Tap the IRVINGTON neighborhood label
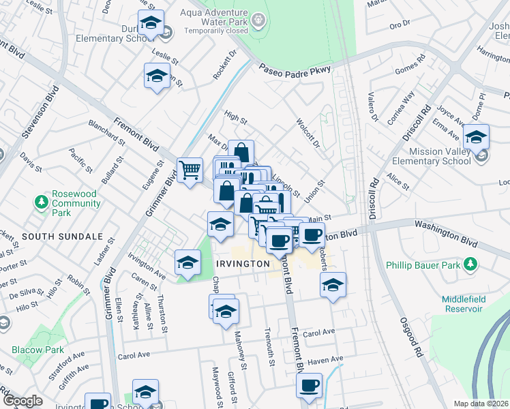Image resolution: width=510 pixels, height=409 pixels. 239,263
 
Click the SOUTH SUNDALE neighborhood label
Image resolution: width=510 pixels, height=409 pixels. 62,237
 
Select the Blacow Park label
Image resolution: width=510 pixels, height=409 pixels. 39,350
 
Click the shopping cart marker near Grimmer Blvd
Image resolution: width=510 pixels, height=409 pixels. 190,169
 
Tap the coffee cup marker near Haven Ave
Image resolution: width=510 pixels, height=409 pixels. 309,385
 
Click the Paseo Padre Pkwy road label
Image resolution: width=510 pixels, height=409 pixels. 295,70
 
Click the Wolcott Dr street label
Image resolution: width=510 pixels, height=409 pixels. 307,133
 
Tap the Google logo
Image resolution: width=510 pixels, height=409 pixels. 22,401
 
